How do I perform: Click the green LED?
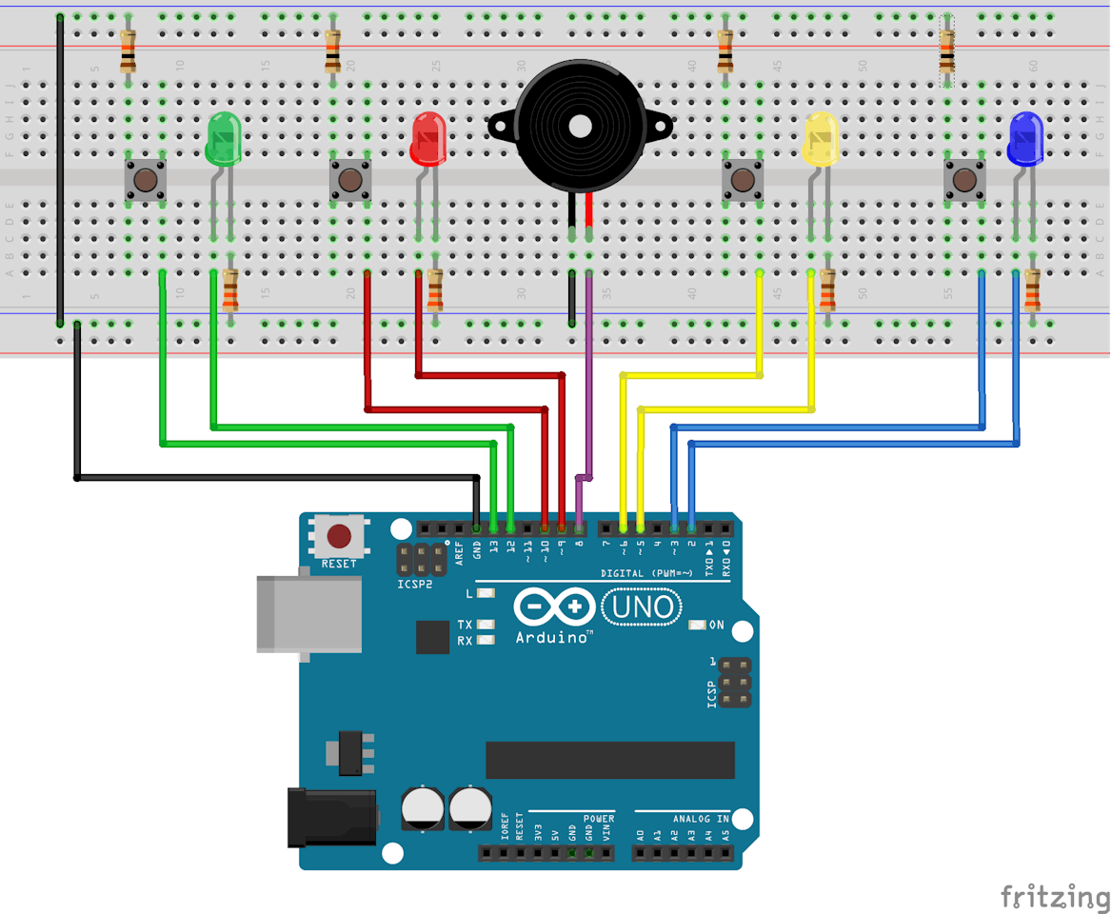pyautogui.click(x=223, y=139)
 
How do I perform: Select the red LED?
pyautogui.click(x=428, y=139)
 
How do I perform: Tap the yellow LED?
pyautogui.click(x=821, y=139)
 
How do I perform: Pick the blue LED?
pyautogui.click(x=1024, y=139)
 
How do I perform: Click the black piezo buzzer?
pyautogui.click(x=579, y=124)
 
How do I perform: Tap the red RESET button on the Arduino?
pyautogui.click(x=339, y=537)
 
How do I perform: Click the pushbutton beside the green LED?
pyautogui.click(x=146, y=180)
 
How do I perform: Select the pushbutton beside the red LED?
pyautogui.click(x=349, y=180)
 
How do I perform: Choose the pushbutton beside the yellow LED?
pyautogui.click(x=743, y=180)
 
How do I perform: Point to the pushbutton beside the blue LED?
pyautogui.click(x=963, y=180)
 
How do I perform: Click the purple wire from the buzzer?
pyautogui.click(x=588, y=381)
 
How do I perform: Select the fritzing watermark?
pyautogui.click(x=1054, y=896)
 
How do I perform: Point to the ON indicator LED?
pyautogui.click(x=697, y=626)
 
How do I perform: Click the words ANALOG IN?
pyautogui.click(x=701, y=819)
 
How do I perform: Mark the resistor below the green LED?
pyautogui.click(x=230, y=291)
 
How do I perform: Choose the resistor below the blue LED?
pyautogui.click(x=1032, y=291)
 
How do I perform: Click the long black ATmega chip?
pyautogui.click(x=610, y=760)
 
